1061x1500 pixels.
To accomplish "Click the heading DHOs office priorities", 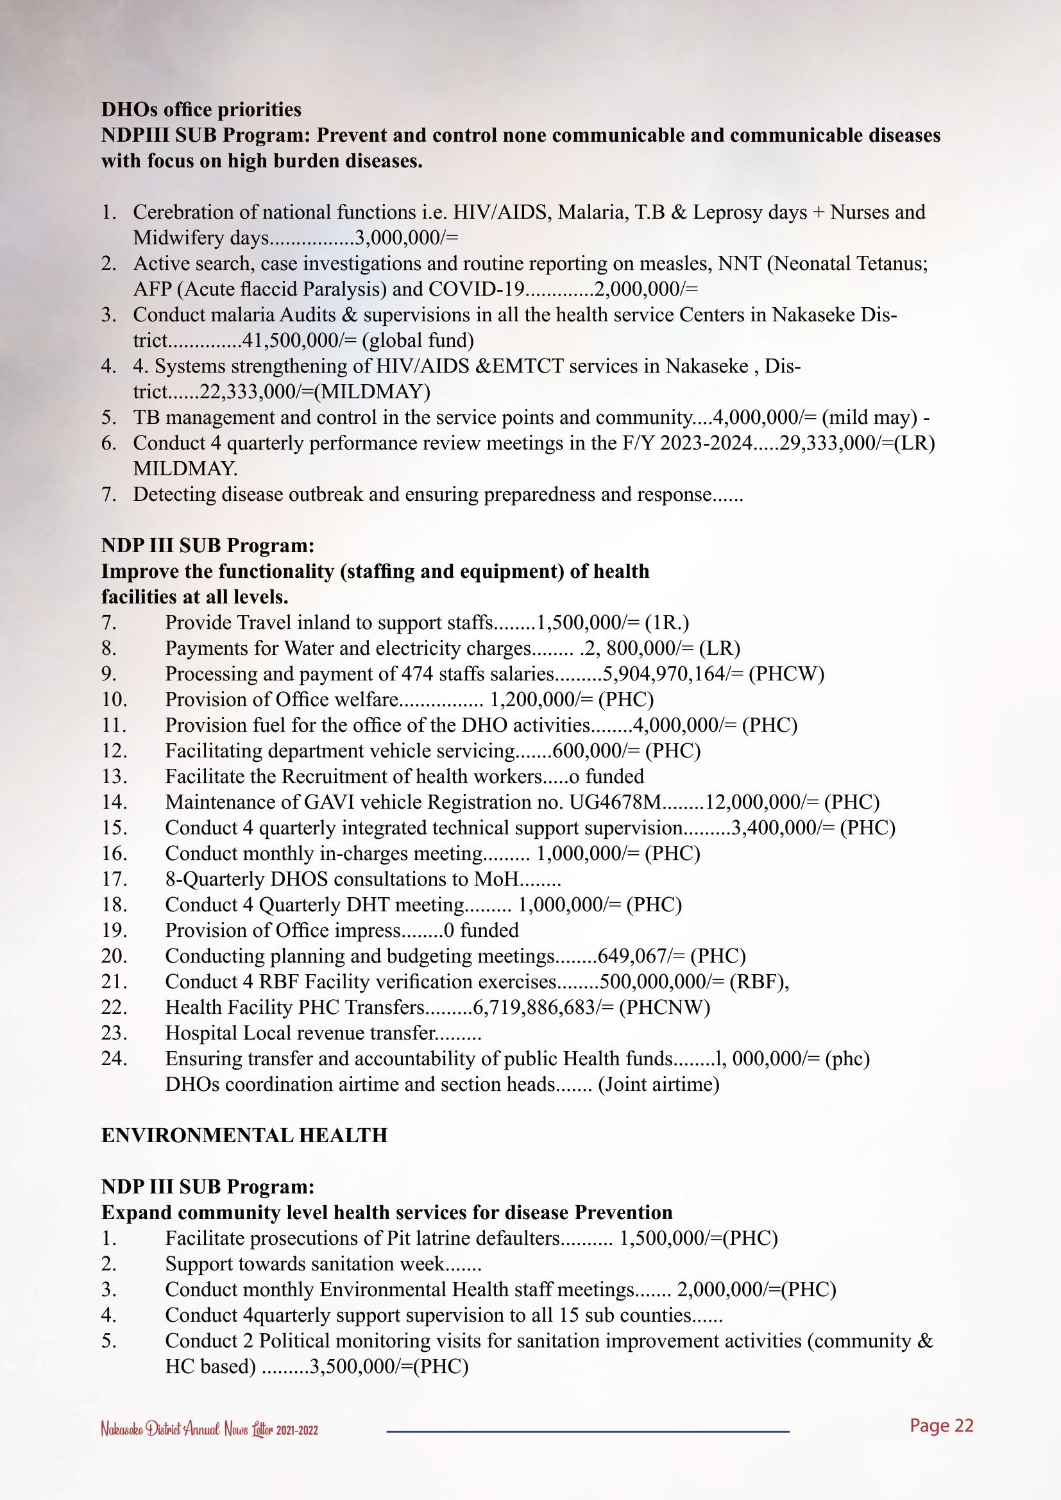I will [x=201, y=109].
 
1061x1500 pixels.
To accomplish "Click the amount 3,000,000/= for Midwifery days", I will [x=406, y=238].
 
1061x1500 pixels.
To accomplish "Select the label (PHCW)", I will [x=786, y=673].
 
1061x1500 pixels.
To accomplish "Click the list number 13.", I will [x=114, y=776].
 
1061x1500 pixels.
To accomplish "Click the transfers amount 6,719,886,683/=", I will [x=543, y=1007].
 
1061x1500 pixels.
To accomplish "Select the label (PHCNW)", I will [x=665, y=1007].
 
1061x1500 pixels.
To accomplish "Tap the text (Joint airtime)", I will [x=659, y=1084].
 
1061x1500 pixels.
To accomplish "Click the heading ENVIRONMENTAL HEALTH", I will [x=244, y=1135].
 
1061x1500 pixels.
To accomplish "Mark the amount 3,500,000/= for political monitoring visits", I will [x=361, y=1365].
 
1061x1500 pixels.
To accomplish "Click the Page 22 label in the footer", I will [x=942, y=1426].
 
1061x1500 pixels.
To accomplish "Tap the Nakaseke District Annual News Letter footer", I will [x=209, y=1429].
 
